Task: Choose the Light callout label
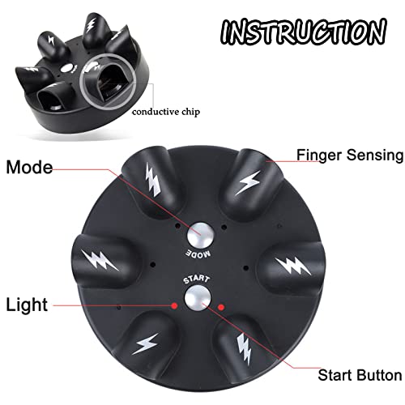coord(27,305)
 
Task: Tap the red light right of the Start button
coord(220,306)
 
